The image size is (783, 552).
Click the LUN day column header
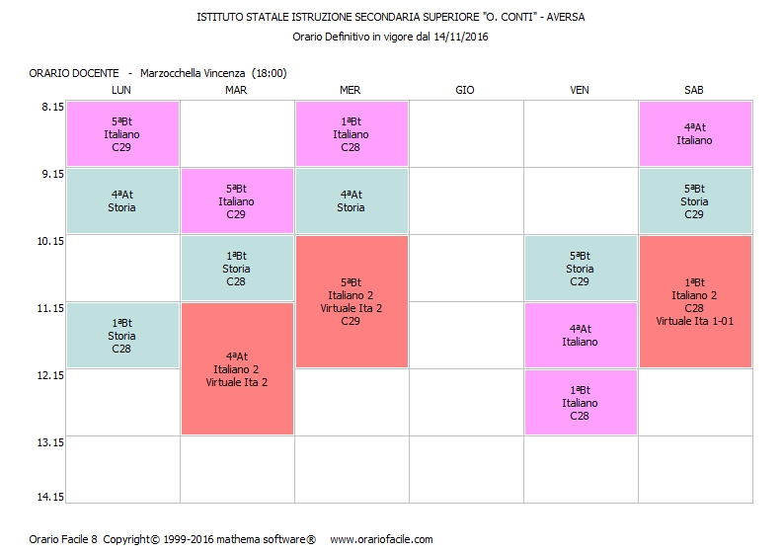coord(121,90)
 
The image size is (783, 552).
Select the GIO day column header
coord(465,90)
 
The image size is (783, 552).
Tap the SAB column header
coord(694,90)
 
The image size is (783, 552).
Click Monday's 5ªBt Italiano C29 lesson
coord(121,133)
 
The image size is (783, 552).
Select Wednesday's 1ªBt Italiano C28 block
coord(351,133)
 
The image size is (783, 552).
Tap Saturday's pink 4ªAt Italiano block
coord(694,133)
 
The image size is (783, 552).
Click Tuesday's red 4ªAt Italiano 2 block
coord(236,368)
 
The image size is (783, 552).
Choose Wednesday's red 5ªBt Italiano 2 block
coord(351,301)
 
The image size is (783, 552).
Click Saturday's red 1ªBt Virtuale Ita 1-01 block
coord(694,301)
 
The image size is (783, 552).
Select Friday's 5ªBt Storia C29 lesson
coord(580,268)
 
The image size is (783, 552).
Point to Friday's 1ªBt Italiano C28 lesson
coord(580,402)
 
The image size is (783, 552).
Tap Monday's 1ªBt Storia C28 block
coord(121,335)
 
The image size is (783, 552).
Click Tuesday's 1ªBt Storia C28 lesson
coord(236,268)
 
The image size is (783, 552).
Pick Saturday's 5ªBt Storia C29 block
coord(694,200)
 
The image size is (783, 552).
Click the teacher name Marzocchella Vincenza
coord(193,73)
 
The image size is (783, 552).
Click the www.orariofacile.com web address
coord(381,539)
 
